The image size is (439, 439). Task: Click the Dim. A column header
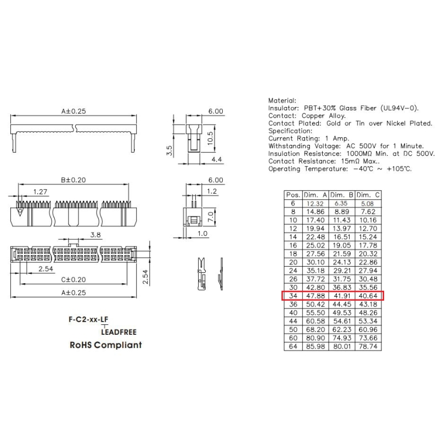tap(315, 195)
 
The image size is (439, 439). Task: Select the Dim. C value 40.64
tap(368, 296)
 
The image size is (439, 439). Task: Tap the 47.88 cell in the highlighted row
tap(315, 296)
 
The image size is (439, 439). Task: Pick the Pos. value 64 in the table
tap(293, 346)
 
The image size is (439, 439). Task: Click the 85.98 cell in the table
tap(315, 346)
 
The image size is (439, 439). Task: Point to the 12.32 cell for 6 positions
tap(315, 204)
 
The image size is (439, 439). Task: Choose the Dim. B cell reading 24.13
tap(341, 262)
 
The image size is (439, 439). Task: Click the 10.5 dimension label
tap(210, 138)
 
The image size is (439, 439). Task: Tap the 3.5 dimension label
tap(170, 150)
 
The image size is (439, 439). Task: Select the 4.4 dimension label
tap(216, 159)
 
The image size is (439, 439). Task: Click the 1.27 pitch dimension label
tap(40, 192)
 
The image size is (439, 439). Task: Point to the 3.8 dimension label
tap(95, 235)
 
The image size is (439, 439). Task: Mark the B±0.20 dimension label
tap(74, 180)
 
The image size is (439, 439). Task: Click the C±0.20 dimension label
tap(74, 279)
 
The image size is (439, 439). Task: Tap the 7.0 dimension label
tap(211, 217)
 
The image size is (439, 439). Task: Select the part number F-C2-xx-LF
tap(88, 319)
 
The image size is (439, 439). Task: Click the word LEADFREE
tap(119, 333)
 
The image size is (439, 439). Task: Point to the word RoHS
tap(81, 345)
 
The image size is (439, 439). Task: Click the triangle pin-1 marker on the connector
tap(20, 212)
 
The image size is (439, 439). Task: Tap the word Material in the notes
tap(282, 100)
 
